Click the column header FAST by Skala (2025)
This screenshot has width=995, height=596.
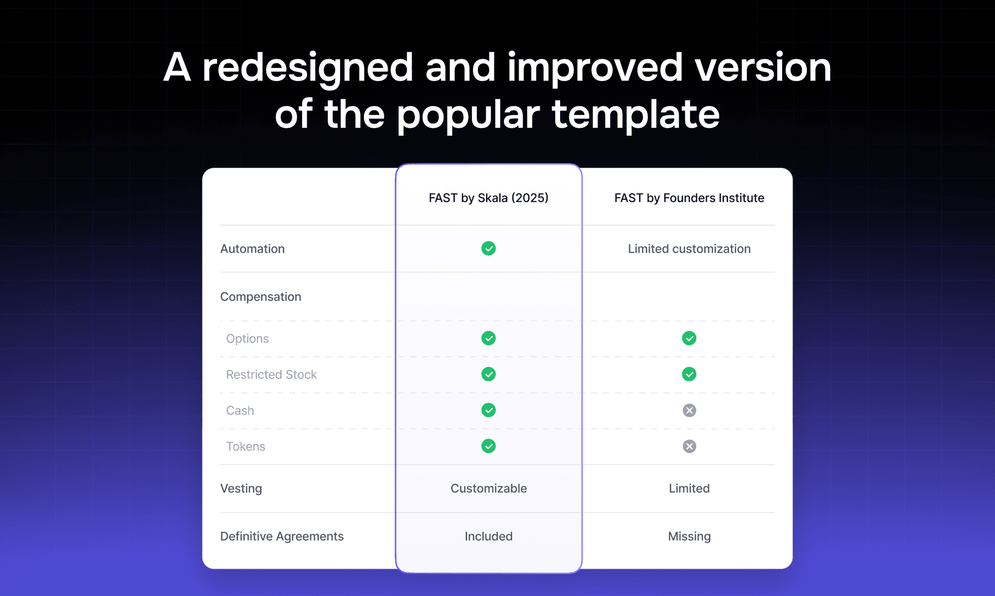coord(488,198)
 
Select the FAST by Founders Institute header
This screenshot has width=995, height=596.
coord(689,198)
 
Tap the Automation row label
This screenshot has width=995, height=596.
coord(252,249)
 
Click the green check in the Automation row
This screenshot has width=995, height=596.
coord(488,248)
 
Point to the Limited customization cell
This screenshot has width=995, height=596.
coord(689,249)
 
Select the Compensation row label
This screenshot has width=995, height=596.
coord(261,297)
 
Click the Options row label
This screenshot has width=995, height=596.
coord(248,339)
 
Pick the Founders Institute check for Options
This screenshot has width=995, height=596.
coord(689,338)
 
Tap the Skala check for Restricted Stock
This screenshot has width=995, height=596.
coord(488,374)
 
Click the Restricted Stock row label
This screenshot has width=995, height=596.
coord(271,375)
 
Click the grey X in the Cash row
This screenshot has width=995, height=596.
coord(689,410)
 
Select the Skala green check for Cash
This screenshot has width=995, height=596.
coord(488,410)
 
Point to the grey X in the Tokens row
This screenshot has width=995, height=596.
coord(689,446)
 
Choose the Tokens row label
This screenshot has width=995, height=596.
coord(246,446)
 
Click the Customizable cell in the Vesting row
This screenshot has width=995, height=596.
coord(488,488)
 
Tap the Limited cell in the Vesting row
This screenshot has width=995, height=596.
coord(689,488)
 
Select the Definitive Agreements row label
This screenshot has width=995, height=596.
coord(282,536)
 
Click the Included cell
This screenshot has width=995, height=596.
coord(488,536)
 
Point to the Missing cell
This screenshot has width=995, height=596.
coord(689,536)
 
